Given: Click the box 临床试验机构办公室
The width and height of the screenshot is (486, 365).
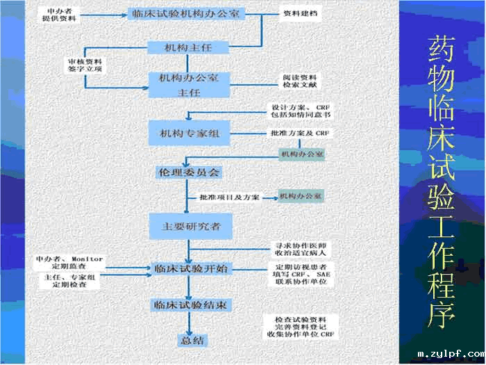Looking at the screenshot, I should (x=187, y=13).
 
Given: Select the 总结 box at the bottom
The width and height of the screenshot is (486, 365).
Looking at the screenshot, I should (x=190, y=340).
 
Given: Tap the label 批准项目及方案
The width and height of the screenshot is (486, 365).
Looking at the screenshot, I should (x=229, y=197).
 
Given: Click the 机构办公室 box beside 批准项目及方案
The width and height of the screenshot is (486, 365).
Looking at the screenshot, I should (x=301, y=197).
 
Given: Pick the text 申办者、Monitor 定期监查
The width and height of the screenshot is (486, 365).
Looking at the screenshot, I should (x=69, y=262).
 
